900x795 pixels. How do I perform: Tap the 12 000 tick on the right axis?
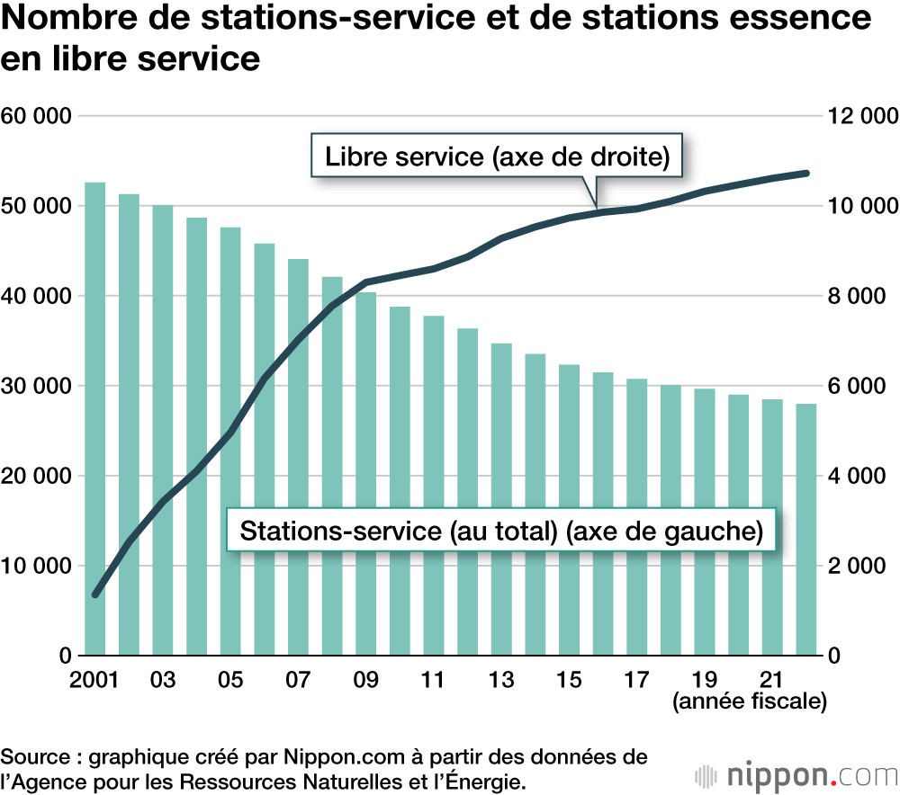[x=861, y=116]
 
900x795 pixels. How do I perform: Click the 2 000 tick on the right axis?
[x=861, y=566]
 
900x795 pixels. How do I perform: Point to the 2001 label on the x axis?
[x=94, y=679]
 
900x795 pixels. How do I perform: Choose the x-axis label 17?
[x=636, y=679]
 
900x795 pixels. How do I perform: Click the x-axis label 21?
[x=771, y=679]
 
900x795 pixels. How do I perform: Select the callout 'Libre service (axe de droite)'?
[x=498, y=156]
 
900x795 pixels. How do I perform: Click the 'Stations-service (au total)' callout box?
[x=501, y=531]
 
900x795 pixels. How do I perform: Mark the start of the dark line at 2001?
[x=96, y=594]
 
